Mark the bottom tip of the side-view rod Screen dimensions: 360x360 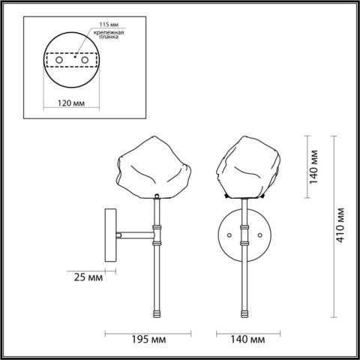(x=157, y=313)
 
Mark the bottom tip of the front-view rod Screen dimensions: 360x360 (x=244, y=313)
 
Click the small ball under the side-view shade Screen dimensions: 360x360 (x=157, y=196)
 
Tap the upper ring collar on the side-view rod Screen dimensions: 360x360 (x=157, y=227)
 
